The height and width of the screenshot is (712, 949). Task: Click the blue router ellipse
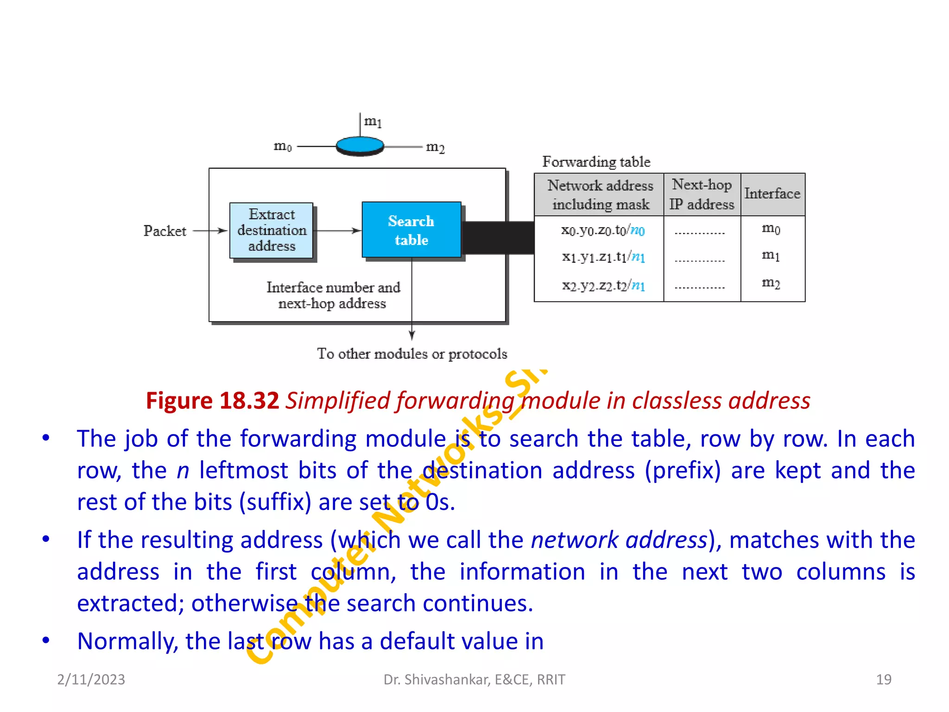[x=360, y=146]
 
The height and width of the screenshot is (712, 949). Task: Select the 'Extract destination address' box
[x=272, y=230]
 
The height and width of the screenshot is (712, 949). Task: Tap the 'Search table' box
[x=411, y=230]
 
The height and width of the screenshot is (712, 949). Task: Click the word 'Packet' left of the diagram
[x=164, y=231]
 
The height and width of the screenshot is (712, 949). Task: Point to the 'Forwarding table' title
[x=596, y=162]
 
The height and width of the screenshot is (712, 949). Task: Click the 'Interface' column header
[x=772, y=194]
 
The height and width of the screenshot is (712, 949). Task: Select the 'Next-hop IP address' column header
[x=702, y=195]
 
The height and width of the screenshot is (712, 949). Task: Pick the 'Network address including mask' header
[x=600, y=195]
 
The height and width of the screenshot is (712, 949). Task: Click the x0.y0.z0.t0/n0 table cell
[x=602, y=230]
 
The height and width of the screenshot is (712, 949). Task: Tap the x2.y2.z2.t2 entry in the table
[x=602, y=286]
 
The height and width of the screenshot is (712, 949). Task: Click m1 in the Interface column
[x=771, y=255]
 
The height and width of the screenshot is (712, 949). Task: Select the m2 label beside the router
[x=435, y=148]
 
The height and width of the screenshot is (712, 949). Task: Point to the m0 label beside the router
[x=283, y=146]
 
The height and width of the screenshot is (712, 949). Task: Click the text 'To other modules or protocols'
[x=412, y=354]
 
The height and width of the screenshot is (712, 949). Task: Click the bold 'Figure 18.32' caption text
[x=212, y=400]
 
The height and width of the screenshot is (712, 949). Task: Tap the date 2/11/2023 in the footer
[x=91, y=680]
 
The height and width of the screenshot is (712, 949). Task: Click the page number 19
[x=883, y=680]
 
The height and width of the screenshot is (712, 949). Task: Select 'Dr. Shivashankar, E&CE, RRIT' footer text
[x=474, y=680]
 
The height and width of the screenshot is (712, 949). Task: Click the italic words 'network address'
[x=619, y=540]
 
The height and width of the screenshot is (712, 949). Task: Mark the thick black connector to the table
[x=498, y=238]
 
